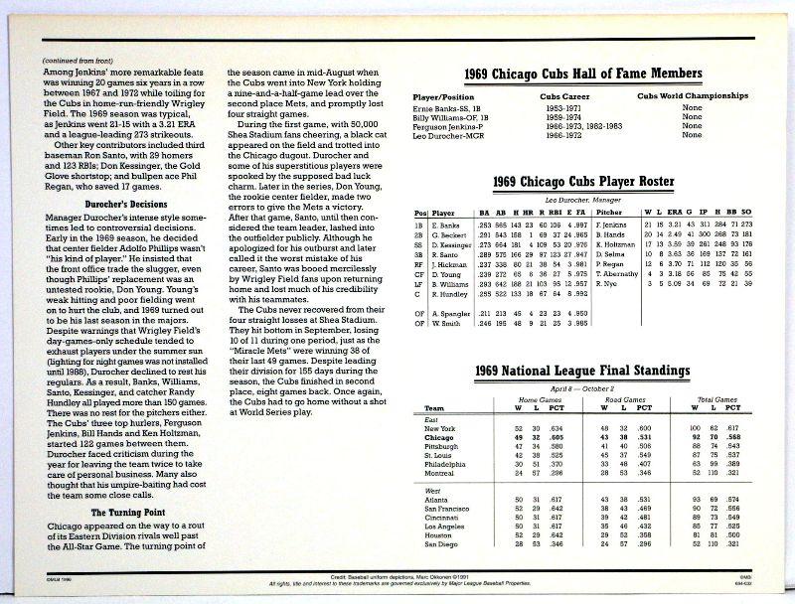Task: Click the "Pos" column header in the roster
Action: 421,212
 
